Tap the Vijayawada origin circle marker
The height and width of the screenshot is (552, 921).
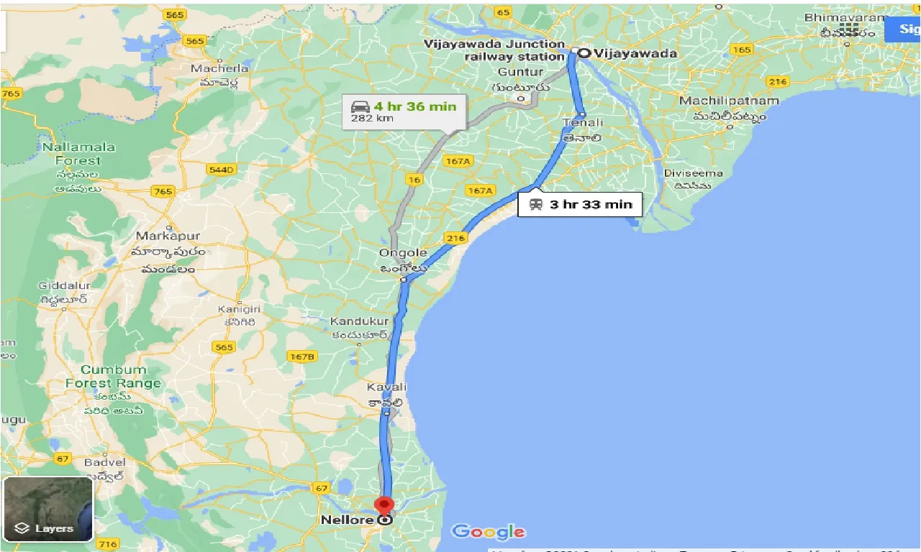[x=584, y=52]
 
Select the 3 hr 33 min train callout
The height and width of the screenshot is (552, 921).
[x=579, y=204]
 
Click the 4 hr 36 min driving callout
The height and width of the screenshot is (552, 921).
[x=403, y=111]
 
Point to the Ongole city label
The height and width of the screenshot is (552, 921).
[x=404, y=253]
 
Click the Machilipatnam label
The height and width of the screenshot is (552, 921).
[x=729, y=101]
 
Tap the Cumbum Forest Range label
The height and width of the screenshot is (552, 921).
[x=113, y=377]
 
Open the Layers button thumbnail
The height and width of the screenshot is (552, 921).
[x=47, y=508]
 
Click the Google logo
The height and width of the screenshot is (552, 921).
[x=488, y=532]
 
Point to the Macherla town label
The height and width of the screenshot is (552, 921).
[x=219, y=69]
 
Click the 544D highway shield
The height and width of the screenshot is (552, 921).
[x=220, y=170]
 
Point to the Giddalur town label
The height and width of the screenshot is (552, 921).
[x=63, y=285]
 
